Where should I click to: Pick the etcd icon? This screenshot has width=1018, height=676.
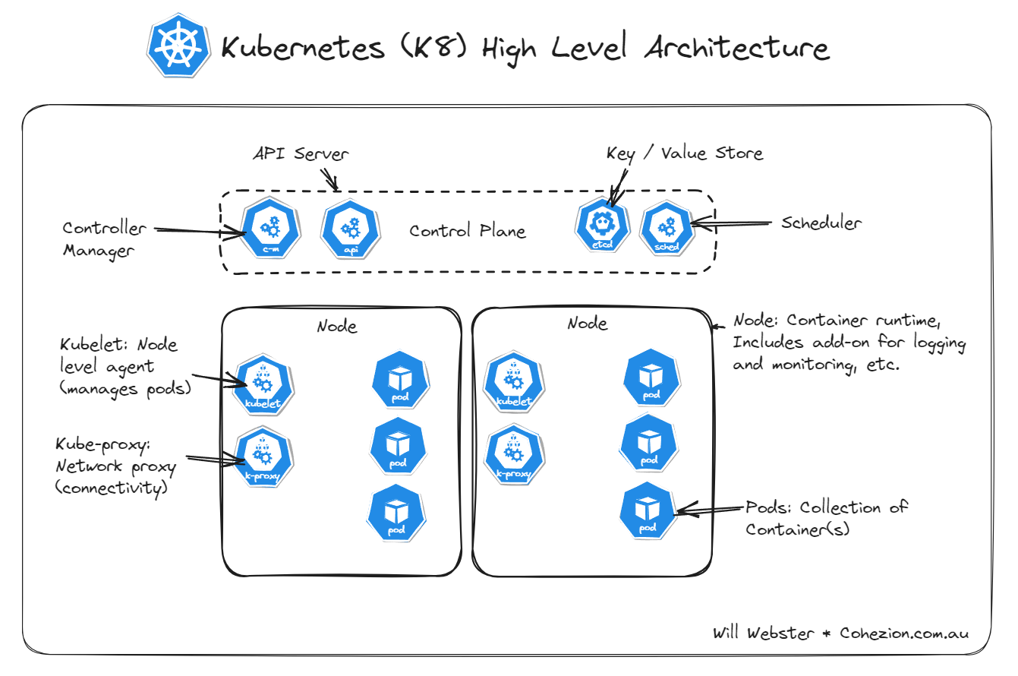(604, 226)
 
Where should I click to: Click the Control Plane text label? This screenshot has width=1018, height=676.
(468, 231)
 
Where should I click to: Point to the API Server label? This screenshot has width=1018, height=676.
(301, 154)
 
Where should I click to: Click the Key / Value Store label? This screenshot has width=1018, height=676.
(684, 153)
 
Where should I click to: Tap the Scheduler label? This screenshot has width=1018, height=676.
(822, 223)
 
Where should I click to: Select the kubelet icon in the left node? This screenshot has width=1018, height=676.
(263, 384)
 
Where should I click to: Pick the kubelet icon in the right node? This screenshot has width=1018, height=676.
(512, 384)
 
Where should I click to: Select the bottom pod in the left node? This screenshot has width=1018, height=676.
(396, 513)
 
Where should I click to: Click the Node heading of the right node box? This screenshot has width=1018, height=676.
(588, 324)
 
